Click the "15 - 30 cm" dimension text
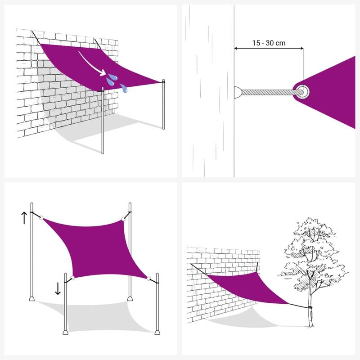pyautogui.click(x=269, y=43)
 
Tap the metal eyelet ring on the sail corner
pyautogui.click(x=302, y=90)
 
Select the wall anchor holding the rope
pyautogui.click(x=238, y=93)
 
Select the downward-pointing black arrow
pyautogui.click(x=58, y=288)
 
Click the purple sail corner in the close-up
pyautogui.click(x=333, y=90)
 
